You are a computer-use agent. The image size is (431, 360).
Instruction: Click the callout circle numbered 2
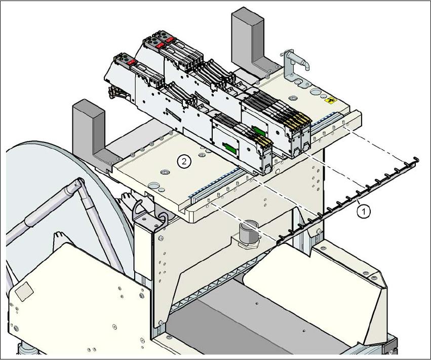click(184, 161)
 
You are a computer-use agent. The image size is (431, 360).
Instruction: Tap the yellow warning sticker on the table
click(333, 101)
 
